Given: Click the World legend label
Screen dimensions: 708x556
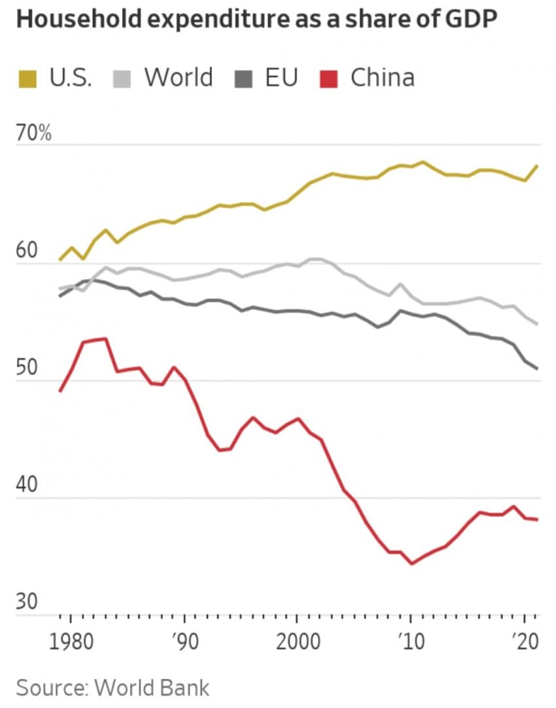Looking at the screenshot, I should (179, 78).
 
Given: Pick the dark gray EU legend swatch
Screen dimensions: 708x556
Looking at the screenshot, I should (243, 80).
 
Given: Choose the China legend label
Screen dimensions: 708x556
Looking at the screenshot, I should (383, 78).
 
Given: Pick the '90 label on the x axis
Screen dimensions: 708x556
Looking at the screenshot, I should (185, 641).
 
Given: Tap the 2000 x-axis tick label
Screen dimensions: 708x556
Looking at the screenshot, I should (297, 641).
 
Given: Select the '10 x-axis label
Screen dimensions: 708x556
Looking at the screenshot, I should (411, 641).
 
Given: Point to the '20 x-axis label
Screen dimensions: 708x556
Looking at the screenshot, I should (524, 641).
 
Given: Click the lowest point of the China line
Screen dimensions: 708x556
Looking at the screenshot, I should (411, 564).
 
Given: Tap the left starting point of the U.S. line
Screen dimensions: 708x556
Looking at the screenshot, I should (60, 260).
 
